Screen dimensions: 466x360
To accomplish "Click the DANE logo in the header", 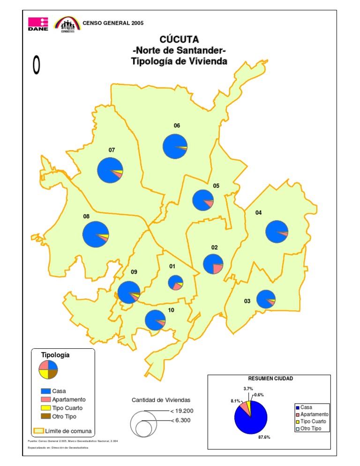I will pyautogui.click(x=38, y=24).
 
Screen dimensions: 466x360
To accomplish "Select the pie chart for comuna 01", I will pyautogui.click(x=175, y=283).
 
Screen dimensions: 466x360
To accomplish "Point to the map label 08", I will pyautogui.click(x=86, y=217).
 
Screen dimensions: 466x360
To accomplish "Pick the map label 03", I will pyautogui.click(x=247, y=301).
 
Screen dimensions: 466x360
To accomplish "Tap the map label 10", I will pyautogui.click(x=171, y=310).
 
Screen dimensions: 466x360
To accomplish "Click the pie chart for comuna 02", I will pyautogui.click(x=213, y=263).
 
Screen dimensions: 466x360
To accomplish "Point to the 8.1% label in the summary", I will pyautogui.click(x=235, y=401).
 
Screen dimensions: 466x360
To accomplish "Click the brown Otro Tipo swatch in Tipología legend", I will pyautogui.click(x=45, y=416).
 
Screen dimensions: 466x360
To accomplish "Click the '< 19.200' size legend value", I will pyautogui.click(x=180, y=411).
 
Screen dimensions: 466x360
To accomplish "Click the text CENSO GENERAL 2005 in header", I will pyautogui.click(x=113, y=23).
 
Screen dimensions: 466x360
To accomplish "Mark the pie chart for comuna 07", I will pyautogui.click(x=110, y=170).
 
